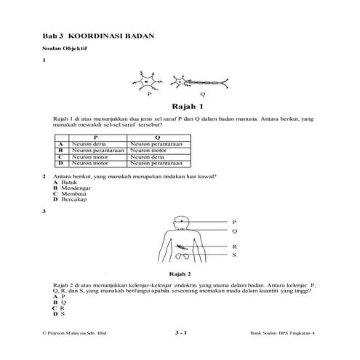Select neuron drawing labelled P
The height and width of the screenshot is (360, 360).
coord(148,82)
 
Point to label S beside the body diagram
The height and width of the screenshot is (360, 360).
coord(234,256)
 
